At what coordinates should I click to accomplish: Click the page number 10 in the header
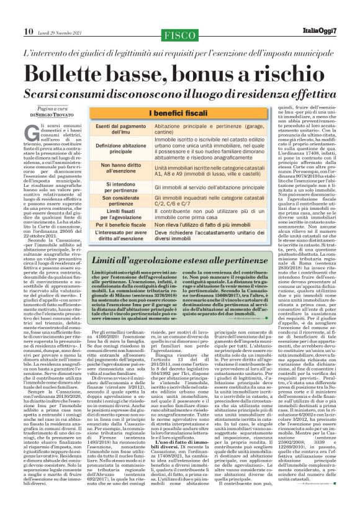pos(11,13)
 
